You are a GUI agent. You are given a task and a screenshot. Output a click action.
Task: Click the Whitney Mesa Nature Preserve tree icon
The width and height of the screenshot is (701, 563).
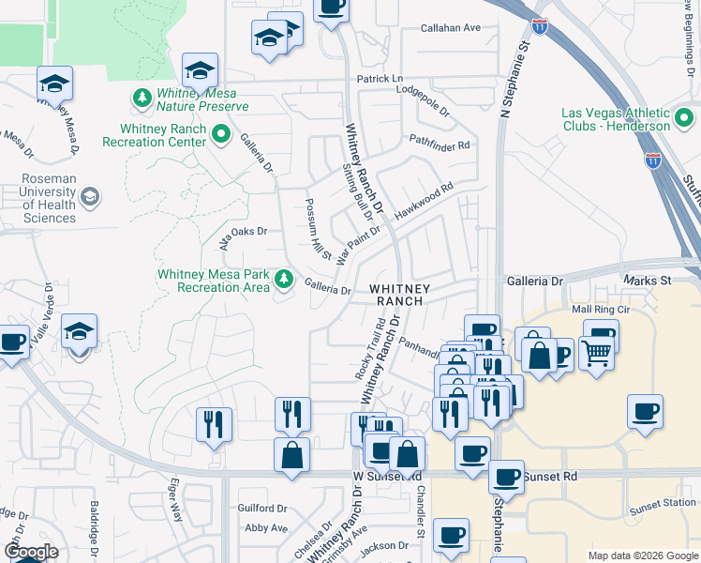142,98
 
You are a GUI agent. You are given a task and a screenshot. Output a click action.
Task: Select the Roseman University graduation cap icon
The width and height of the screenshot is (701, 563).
89,196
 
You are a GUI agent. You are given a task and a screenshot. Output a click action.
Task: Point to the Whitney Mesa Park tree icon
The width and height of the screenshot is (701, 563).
282,279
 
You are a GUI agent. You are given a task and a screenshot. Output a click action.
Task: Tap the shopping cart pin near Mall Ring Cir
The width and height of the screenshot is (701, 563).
595,353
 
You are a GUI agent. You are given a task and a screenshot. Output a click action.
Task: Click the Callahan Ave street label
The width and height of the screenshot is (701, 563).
450,28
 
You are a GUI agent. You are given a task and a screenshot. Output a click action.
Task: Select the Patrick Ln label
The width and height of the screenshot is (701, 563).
380,78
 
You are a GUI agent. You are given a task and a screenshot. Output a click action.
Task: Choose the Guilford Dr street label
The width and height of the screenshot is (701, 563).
262,508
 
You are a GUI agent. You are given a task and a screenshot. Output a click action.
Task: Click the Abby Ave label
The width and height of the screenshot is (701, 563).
266,528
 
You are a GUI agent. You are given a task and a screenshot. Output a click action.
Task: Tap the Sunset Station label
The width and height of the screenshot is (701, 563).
664,504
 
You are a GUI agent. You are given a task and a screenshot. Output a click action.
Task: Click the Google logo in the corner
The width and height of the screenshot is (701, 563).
31,551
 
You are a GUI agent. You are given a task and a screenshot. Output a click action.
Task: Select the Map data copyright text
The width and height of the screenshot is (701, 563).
643,555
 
